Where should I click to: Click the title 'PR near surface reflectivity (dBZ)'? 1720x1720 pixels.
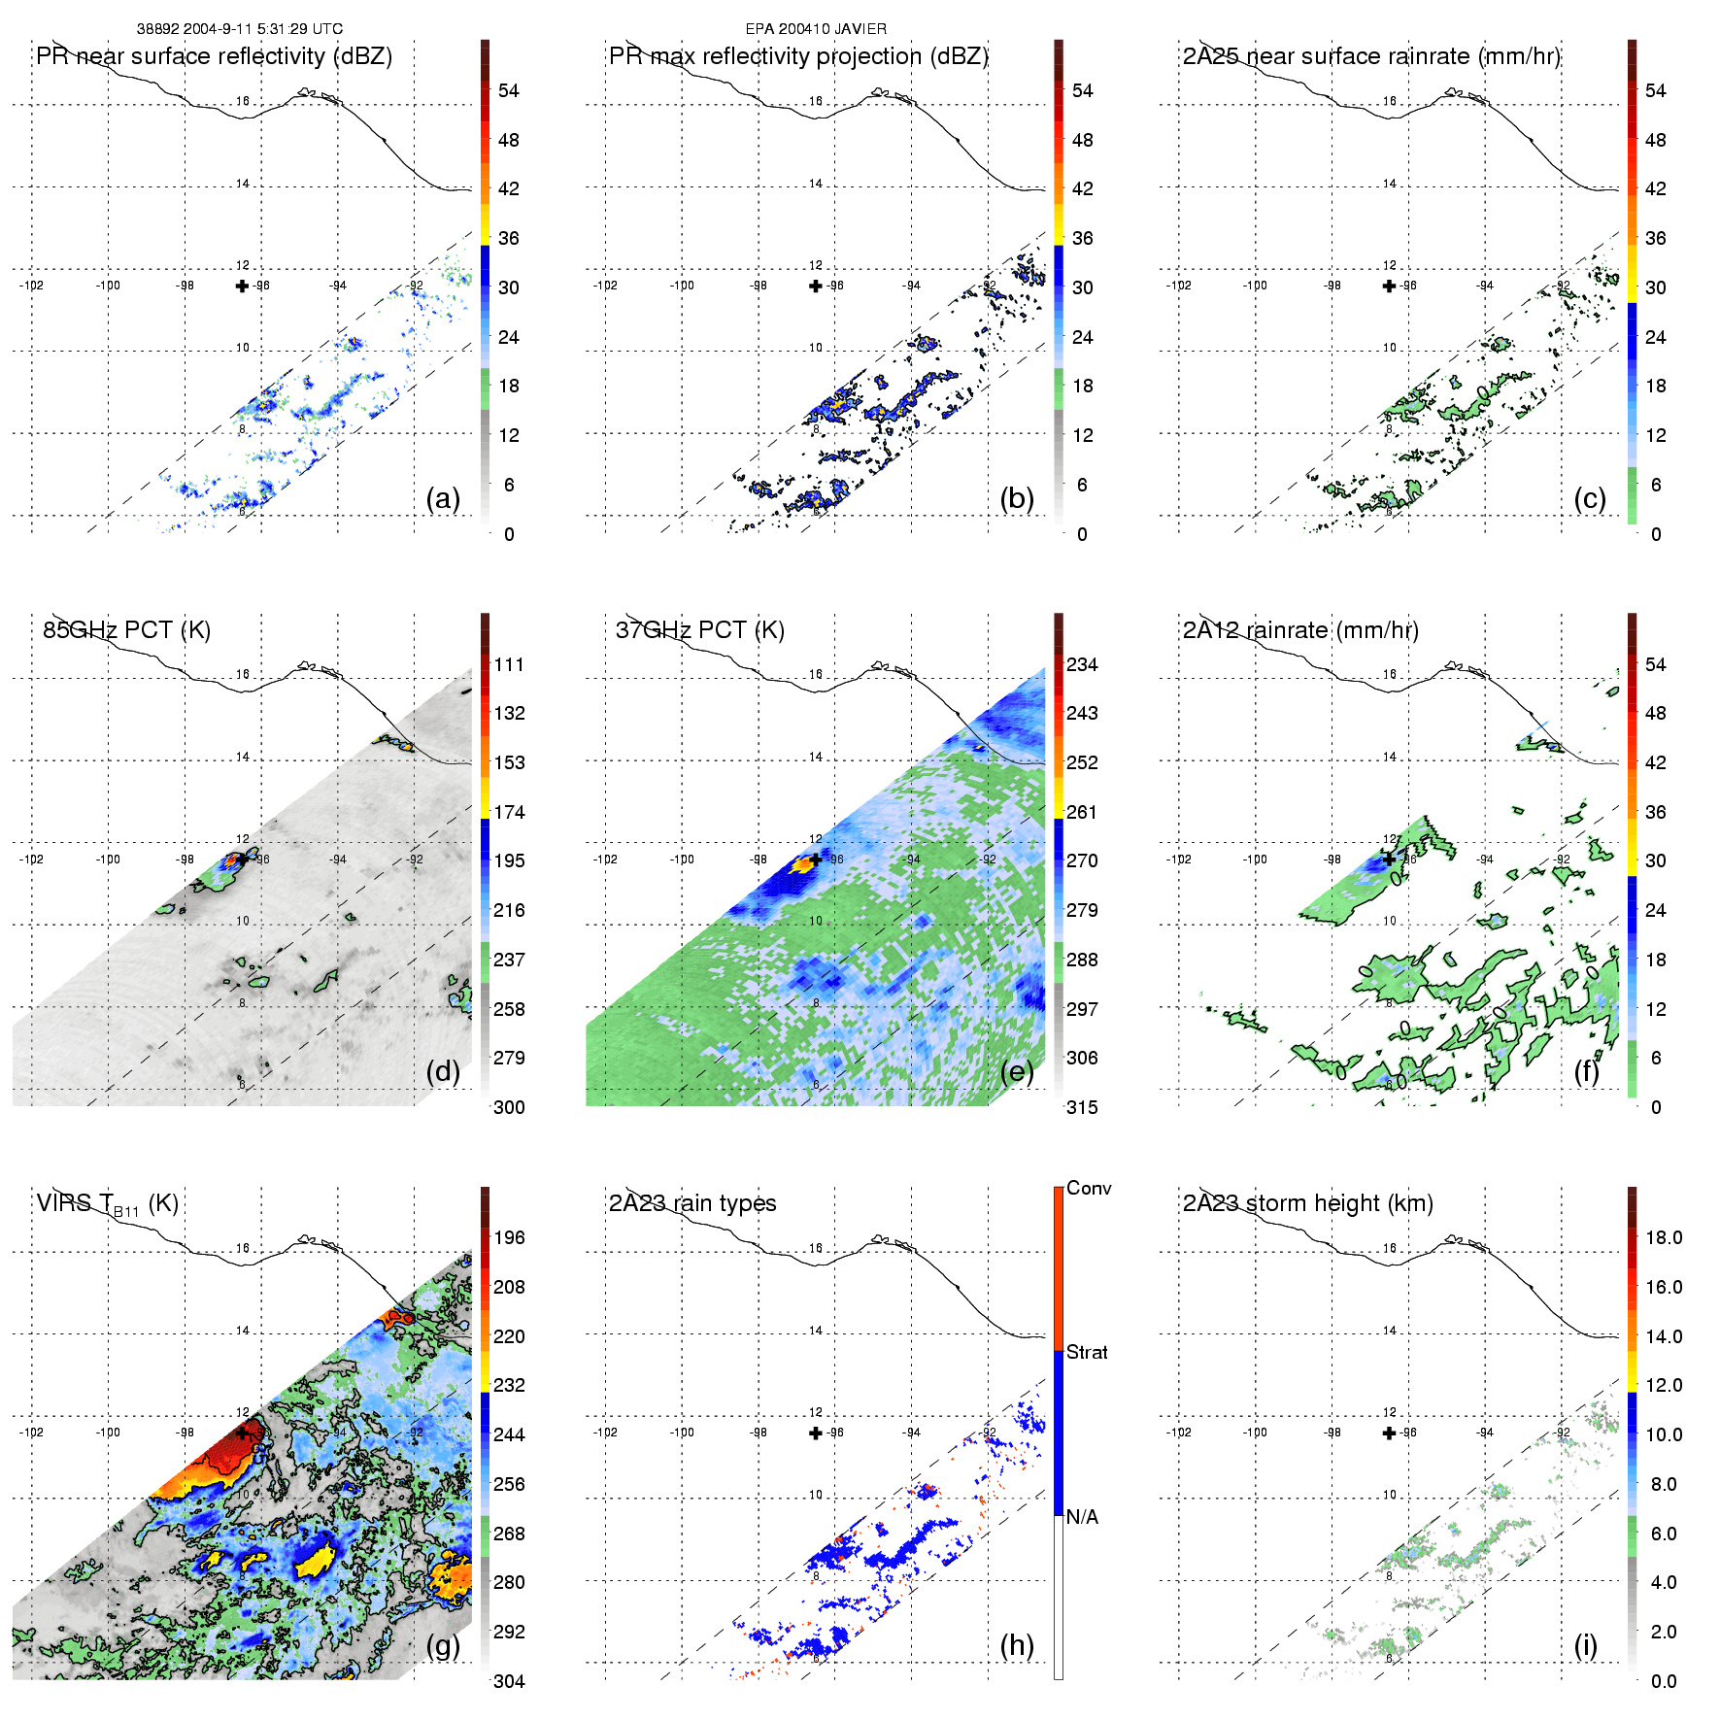point(214,56)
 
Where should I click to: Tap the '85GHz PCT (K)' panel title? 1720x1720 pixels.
point(126,630)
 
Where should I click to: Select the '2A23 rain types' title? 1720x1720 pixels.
point(692,1203)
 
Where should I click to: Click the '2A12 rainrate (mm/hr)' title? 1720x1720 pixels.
point(1300,630)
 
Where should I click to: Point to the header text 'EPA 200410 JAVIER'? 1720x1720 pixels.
point(816,29)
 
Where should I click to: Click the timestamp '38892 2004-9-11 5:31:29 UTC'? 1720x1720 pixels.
point(240,29)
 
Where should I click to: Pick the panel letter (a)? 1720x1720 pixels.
point(443,499)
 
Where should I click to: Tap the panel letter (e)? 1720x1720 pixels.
point(1017,1072)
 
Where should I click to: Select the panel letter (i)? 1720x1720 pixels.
point(1585,1645)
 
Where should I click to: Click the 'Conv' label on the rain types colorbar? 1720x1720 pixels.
point(1089,1189)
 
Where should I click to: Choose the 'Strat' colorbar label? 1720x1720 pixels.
point(1087,1353)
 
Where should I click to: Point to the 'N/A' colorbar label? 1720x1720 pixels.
point(1082,1517)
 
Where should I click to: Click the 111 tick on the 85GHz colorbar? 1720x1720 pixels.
point(509,665)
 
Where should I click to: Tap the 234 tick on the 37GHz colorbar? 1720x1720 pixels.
point(1082,665)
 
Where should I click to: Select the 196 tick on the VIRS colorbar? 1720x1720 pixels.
point(509,1238)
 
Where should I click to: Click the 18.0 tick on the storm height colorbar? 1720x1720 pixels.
point(1664,1238)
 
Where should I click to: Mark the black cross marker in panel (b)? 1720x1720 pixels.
point(816,286)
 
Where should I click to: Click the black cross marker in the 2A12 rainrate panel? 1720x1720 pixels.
point(1389,859)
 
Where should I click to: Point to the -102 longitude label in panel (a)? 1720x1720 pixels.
point(31,286)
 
